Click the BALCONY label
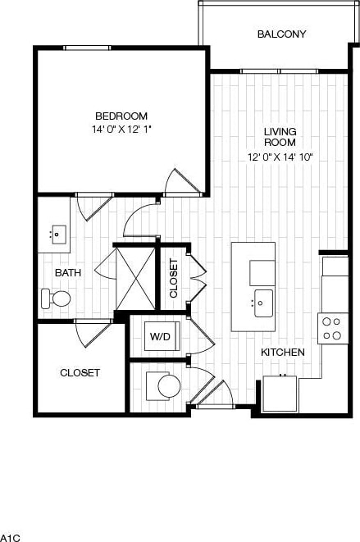point(281,34)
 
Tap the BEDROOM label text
point(121,116)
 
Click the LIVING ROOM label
point(280,137)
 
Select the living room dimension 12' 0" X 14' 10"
point(280,157)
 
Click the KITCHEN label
point(283,352)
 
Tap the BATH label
point(67,272)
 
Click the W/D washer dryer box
point(159,337)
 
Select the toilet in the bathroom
point(56,298)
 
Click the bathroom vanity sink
point(56,234)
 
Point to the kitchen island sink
point(262,303)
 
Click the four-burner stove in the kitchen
point(331,328)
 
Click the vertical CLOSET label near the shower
point(173,277)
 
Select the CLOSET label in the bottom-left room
point(80,372)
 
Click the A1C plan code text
point(9,537)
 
